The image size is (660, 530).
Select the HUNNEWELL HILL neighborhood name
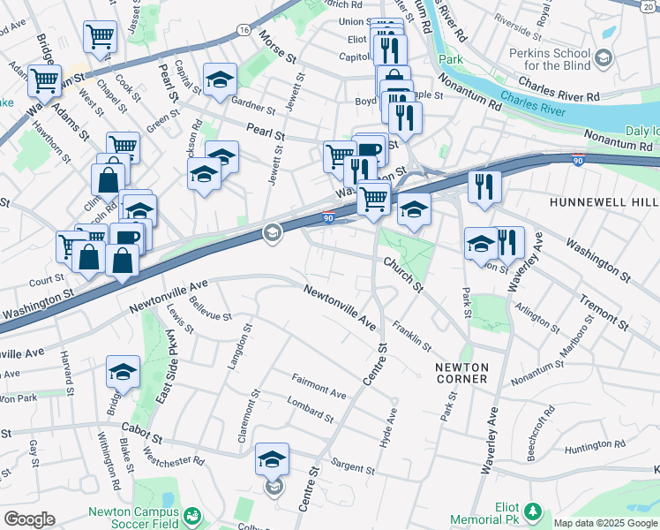click(x=604, y=201)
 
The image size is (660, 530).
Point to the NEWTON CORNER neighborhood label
click(x=461, y=372)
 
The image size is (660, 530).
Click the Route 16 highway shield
click(x=244, y=29)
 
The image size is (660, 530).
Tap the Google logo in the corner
click(x=29, y=519)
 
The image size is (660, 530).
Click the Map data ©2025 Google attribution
click(x=605, y=523)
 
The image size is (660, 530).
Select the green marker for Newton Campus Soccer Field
click(x=192, y=515)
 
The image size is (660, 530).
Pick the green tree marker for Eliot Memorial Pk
click(x=532, y=511)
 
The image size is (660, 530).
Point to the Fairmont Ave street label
click(x=319, y=385)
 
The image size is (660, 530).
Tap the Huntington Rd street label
click(x=596, y=450)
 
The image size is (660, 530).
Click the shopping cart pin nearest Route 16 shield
click(x=100, y=37)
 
